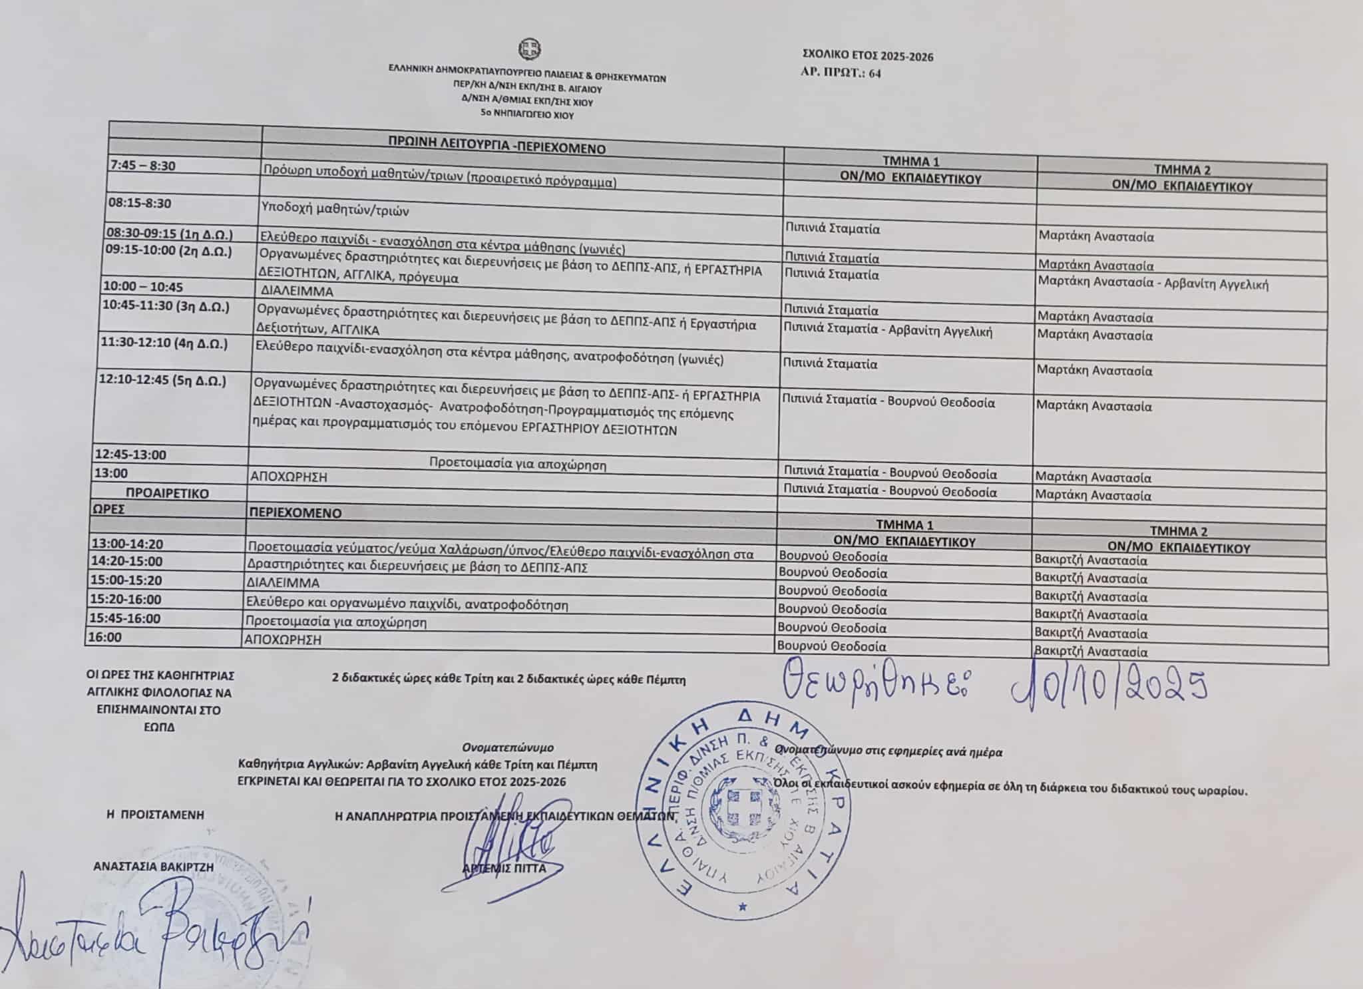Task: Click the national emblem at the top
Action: (x=529, y=49)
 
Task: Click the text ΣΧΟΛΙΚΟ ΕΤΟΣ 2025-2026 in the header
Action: (x=868, y=57)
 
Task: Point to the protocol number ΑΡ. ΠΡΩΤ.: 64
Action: (x=842, y=73)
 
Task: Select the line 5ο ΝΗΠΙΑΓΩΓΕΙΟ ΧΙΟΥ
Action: (x=528, y=115)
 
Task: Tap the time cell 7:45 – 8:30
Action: (x=144, y=166)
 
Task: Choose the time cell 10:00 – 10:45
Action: (x=143, y=287)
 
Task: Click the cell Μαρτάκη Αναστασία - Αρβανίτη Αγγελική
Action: (x=1153, y=284)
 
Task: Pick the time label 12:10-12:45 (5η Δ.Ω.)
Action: (x=162, y=381)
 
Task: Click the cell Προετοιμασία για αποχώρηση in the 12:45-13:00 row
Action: (x=517, y=465)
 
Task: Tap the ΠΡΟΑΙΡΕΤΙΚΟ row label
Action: (x=168, y=493)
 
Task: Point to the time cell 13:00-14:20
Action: (x=127, y=544)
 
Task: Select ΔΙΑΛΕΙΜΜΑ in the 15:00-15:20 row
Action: (x=283, y=583)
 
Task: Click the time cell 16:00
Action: (x=106, y=637)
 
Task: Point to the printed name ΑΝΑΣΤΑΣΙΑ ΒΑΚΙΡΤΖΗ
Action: (x=154, y=867)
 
